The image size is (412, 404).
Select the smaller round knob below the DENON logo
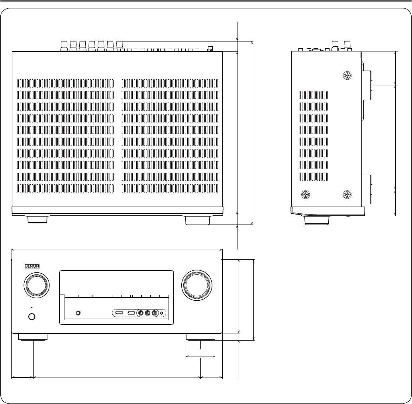point(37,286)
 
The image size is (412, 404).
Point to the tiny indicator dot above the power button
point(31,307)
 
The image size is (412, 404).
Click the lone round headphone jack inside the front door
point(78,313)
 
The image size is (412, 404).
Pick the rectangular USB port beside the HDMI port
point(131,313)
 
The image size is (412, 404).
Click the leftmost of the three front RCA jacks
point(140,313)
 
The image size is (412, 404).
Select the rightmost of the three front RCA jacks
point(155,313)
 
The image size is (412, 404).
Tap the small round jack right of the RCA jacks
point(162,313)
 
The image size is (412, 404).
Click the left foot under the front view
point(33,337)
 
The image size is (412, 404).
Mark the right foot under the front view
point(200,337)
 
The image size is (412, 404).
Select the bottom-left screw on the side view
point(305,195)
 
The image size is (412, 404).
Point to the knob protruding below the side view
point(317,220)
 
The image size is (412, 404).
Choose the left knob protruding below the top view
point(38,219)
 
